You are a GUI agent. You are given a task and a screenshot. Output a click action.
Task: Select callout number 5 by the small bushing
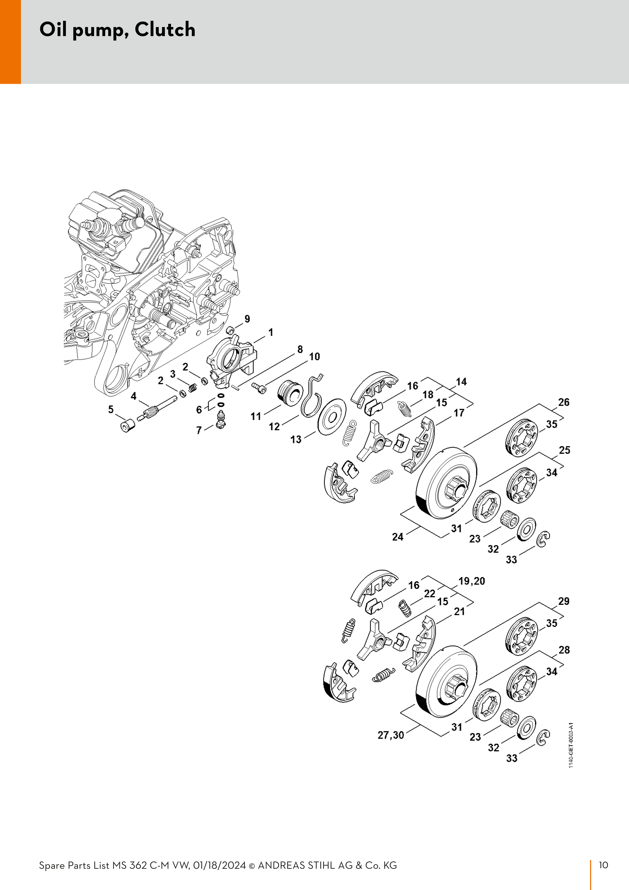[x=111, y=409]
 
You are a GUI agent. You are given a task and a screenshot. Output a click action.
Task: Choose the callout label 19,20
[x=472, y=581]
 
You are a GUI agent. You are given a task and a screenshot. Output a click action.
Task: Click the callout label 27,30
[x=391, y=735]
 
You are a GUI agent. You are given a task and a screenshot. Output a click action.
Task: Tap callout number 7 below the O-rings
[x=199, y=430]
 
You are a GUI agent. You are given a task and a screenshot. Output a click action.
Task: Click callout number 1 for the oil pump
[x=270, y=332]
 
